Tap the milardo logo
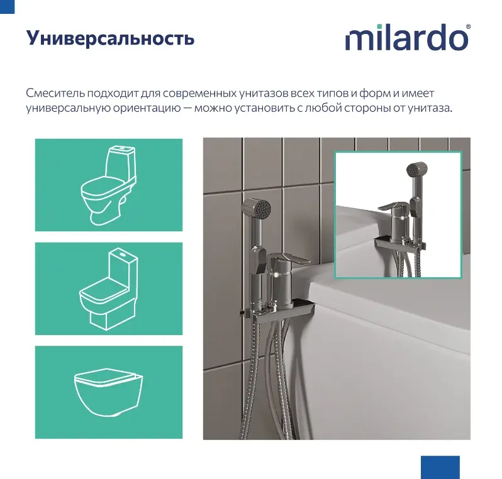click(x=408, y=37)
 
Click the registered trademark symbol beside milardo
click(x=469, y=26)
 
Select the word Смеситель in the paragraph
click(x=55, y=93)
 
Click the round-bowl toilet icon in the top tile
click(x=108, y=185)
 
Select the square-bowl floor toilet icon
click(x=109, y=289)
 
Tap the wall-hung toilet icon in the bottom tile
click(x=109, y=392)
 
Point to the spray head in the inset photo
click(x=417, y=170)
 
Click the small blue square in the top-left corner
click(x=7, y=7)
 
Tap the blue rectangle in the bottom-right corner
click(x=440, y=467)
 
